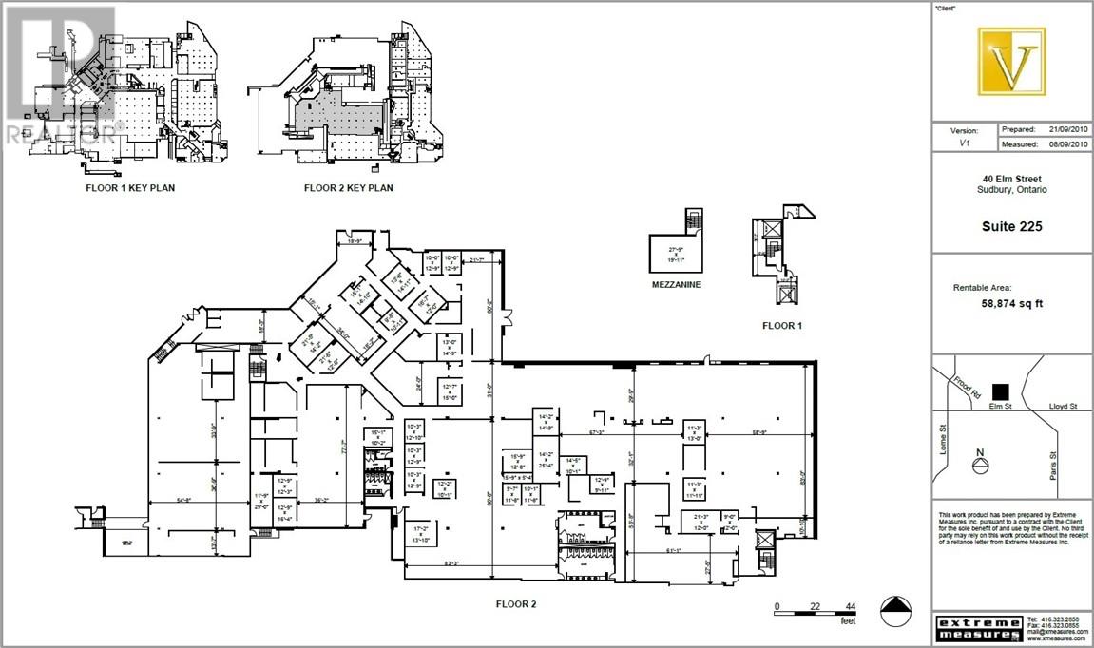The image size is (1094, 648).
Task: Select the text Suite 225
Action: point(1011,226)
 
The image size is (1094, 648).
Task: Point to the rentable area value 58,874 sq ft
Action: point(1011,304)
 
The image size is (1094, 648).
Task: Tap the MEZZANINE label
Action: point(676,283)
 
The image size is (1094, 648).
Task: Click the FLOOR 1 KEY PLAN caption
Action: point(131,188)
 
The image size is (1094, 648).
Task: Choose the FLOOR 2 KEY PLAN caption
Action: point(348,188)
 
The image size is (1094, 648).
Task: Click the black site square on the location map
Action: point(998,391)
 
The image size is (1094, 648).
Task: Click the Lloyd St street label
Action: point(1063,406)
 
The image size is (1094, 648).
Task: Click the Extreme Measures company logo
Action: point(980,627)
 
